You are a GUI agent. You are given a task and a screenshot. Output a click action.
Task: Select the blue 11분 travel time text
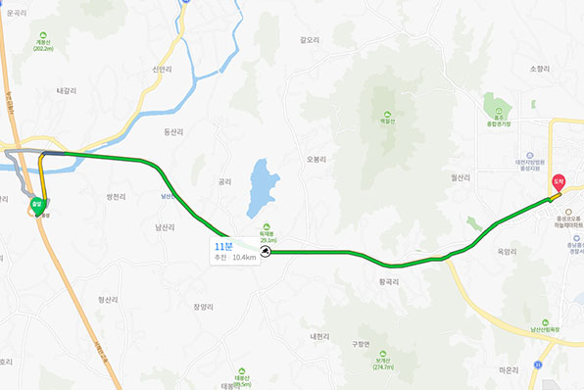pos(222,246)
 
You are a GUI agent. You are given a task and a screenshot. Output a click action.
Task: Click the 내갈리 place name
pos(67,90)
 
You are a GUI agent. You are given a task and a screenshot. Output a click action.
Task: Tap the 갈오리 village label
pos(311,40)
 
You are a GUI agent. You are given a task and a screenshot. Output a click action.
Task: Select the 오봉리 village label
pos(316,159)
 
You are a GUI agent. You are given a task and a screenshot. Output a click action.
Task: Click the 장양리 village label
pos(203,307)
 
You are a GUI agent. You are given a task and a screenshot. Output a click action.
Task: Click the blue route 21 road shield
pos(538,364)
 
